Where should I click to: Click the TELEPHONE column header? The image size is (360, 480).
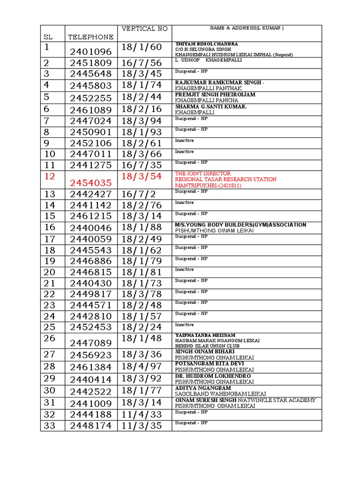coord(91,37)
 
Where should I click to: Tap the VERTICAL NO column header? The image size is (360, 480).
coord(144,29)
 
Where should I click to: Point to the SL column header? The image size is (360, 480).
coord(48,37)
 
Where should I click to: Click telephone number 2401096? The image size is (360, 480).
coord(91,52)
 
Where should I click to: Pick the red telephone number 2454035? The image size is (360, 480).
coord(91,183)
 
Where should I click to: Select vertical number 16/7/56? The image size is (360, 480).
coord(142,63)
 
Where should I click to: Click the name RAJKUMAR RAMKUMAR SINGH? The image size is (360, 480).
coord(219,82)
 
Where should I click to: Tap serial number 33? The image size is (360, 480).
coord(50,426)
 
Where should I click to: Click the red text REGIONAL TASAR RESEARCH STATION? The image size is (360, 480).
coord(225,179)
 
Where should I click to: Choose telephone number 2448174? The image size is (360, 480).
coord(91,426)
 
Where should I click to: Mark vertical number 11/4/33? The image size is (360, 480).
coord(142,414)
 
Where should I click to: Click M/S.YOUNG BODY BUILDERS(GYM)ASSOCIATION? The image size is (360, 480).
coord(240,225)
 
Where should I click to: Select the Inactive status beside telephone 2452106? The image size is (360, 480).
coord(184,140)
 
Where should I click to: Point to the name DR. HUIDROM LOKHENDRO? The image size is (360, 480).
coord(212,376)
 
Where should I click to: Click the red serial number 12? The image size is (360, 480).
coord(50,176)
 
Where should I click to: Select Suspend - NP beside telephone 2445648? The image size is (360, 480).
coord(191,71)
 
